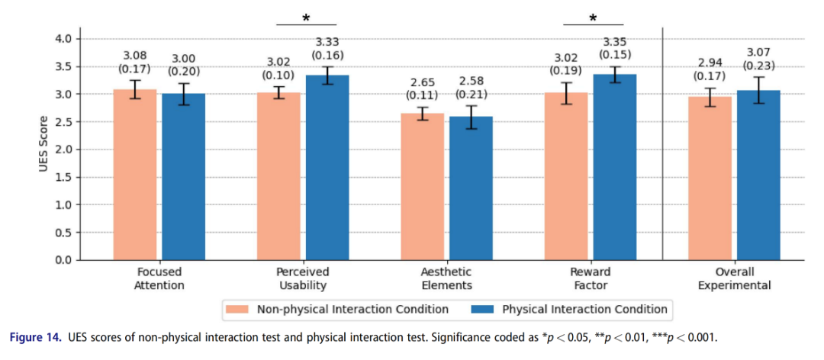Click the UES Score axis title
point(43,149)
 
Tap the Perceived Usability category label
point(303,278)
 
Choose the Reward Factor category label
point(590,278)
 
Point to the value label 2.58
point(471,81)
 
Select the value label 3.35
point(614,42)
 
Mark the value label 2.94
point(710,63)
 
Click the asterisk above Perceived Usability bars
point(306,18)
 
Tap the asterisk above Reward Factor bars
point(593,18)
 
